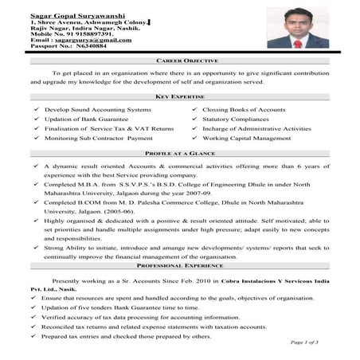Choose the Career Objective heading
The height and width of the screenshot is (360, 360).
coord(179,61)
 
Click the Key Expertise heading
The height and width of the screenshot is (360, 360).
coord(180,96)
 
